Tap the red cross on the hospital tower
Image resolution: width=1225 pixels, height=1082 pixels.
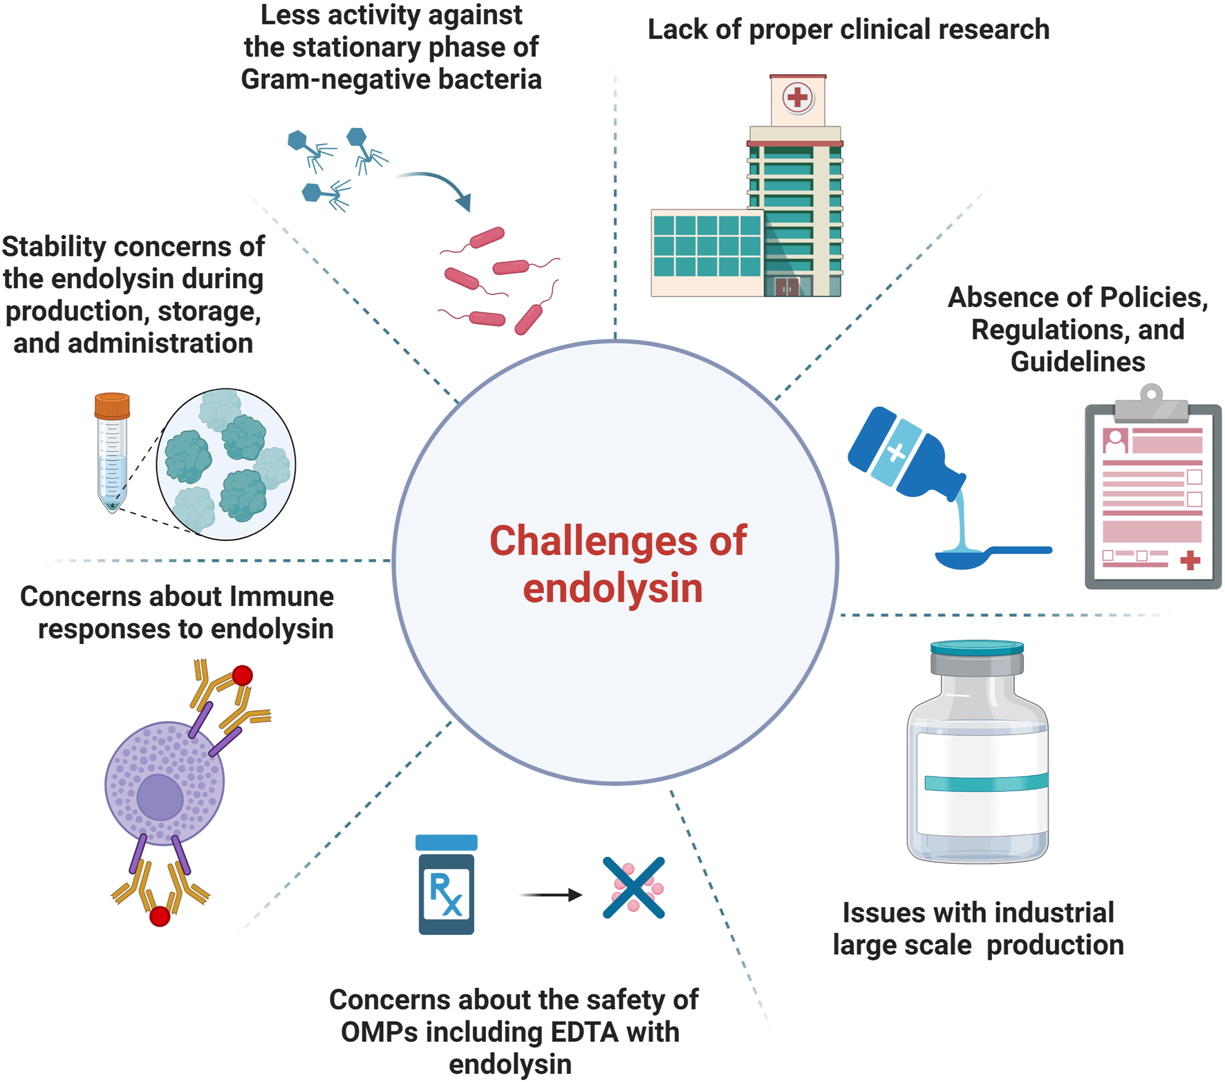[797, 97]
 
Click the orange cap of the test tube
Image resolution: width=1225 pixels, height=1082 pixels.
[112, 406]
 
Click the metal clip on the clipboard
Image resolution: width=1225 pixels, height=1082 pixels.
[1151, 404]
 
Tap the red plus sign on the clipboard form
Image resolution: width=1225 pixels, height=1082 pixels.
[1190, 560]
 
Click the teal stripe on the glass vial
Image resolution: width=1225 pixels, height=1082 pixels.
[985, 783]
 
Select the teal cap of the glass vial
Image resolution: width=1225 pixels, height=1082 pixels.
[977, 648]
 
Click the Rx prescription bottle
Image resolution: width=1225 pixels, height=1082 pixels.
[447, 888]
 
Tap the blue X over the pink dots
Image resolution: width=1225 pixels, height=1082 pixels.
[633, 888]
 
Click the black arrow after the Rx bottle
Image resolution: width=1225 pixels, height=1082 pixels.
[551, 895]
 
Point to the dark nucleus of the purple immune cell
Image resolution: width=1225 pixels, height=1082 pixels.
[160, 797]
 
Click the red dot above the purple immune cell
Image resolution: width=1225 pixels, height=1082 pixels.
[242, 675]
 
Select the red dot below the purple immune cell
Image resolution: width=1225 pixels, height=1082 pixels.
[160, 916]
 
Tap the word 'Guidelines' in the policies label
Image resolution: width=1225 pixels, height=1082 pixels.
[1077, 361]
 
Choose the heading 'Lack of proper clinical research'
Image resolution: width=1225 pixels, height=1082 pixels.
[848, 30]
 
